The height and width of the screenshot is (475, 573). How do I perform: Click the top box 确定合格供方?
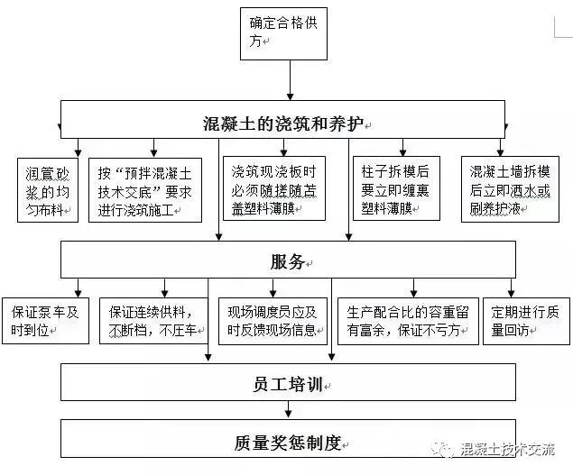click(289, 32)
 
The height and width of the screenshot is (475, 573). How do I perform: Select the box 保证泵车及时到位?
click(45, 321)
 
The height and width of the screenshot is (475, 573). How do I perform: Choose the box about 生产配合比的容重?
click(407, 321)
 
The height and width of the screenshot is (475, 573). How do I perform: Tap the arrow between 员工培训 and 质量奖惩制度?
click(288, 410)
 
